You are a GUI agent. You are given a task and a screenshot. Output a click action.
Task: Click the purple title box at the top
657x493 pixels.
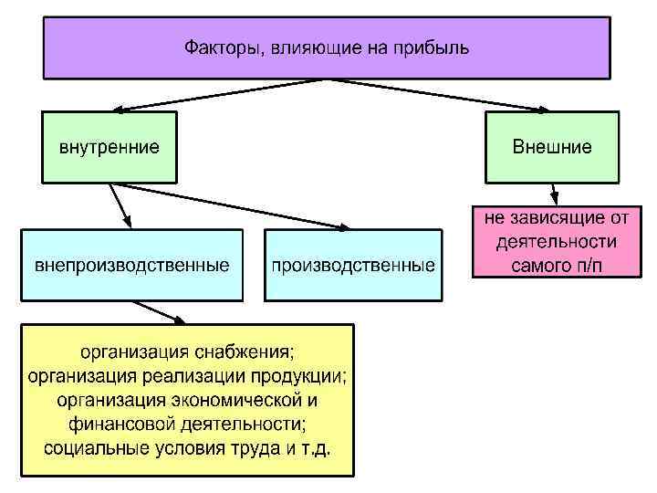(x=327, y=47)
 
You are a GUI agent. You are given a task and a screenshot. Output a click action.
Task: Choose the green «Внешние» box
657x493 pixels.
(x=552, y=146)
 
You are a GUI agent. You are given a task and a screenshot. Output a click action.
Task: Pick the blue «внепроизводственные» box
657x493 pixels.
(x=132, y=266)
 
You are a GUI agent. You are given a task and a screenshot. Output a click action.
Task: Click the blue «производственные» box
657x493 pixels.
(x=352, y=266)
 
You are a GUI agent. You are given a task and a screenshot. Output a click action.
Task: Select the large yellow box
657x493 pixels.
(x=188, y=399)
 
